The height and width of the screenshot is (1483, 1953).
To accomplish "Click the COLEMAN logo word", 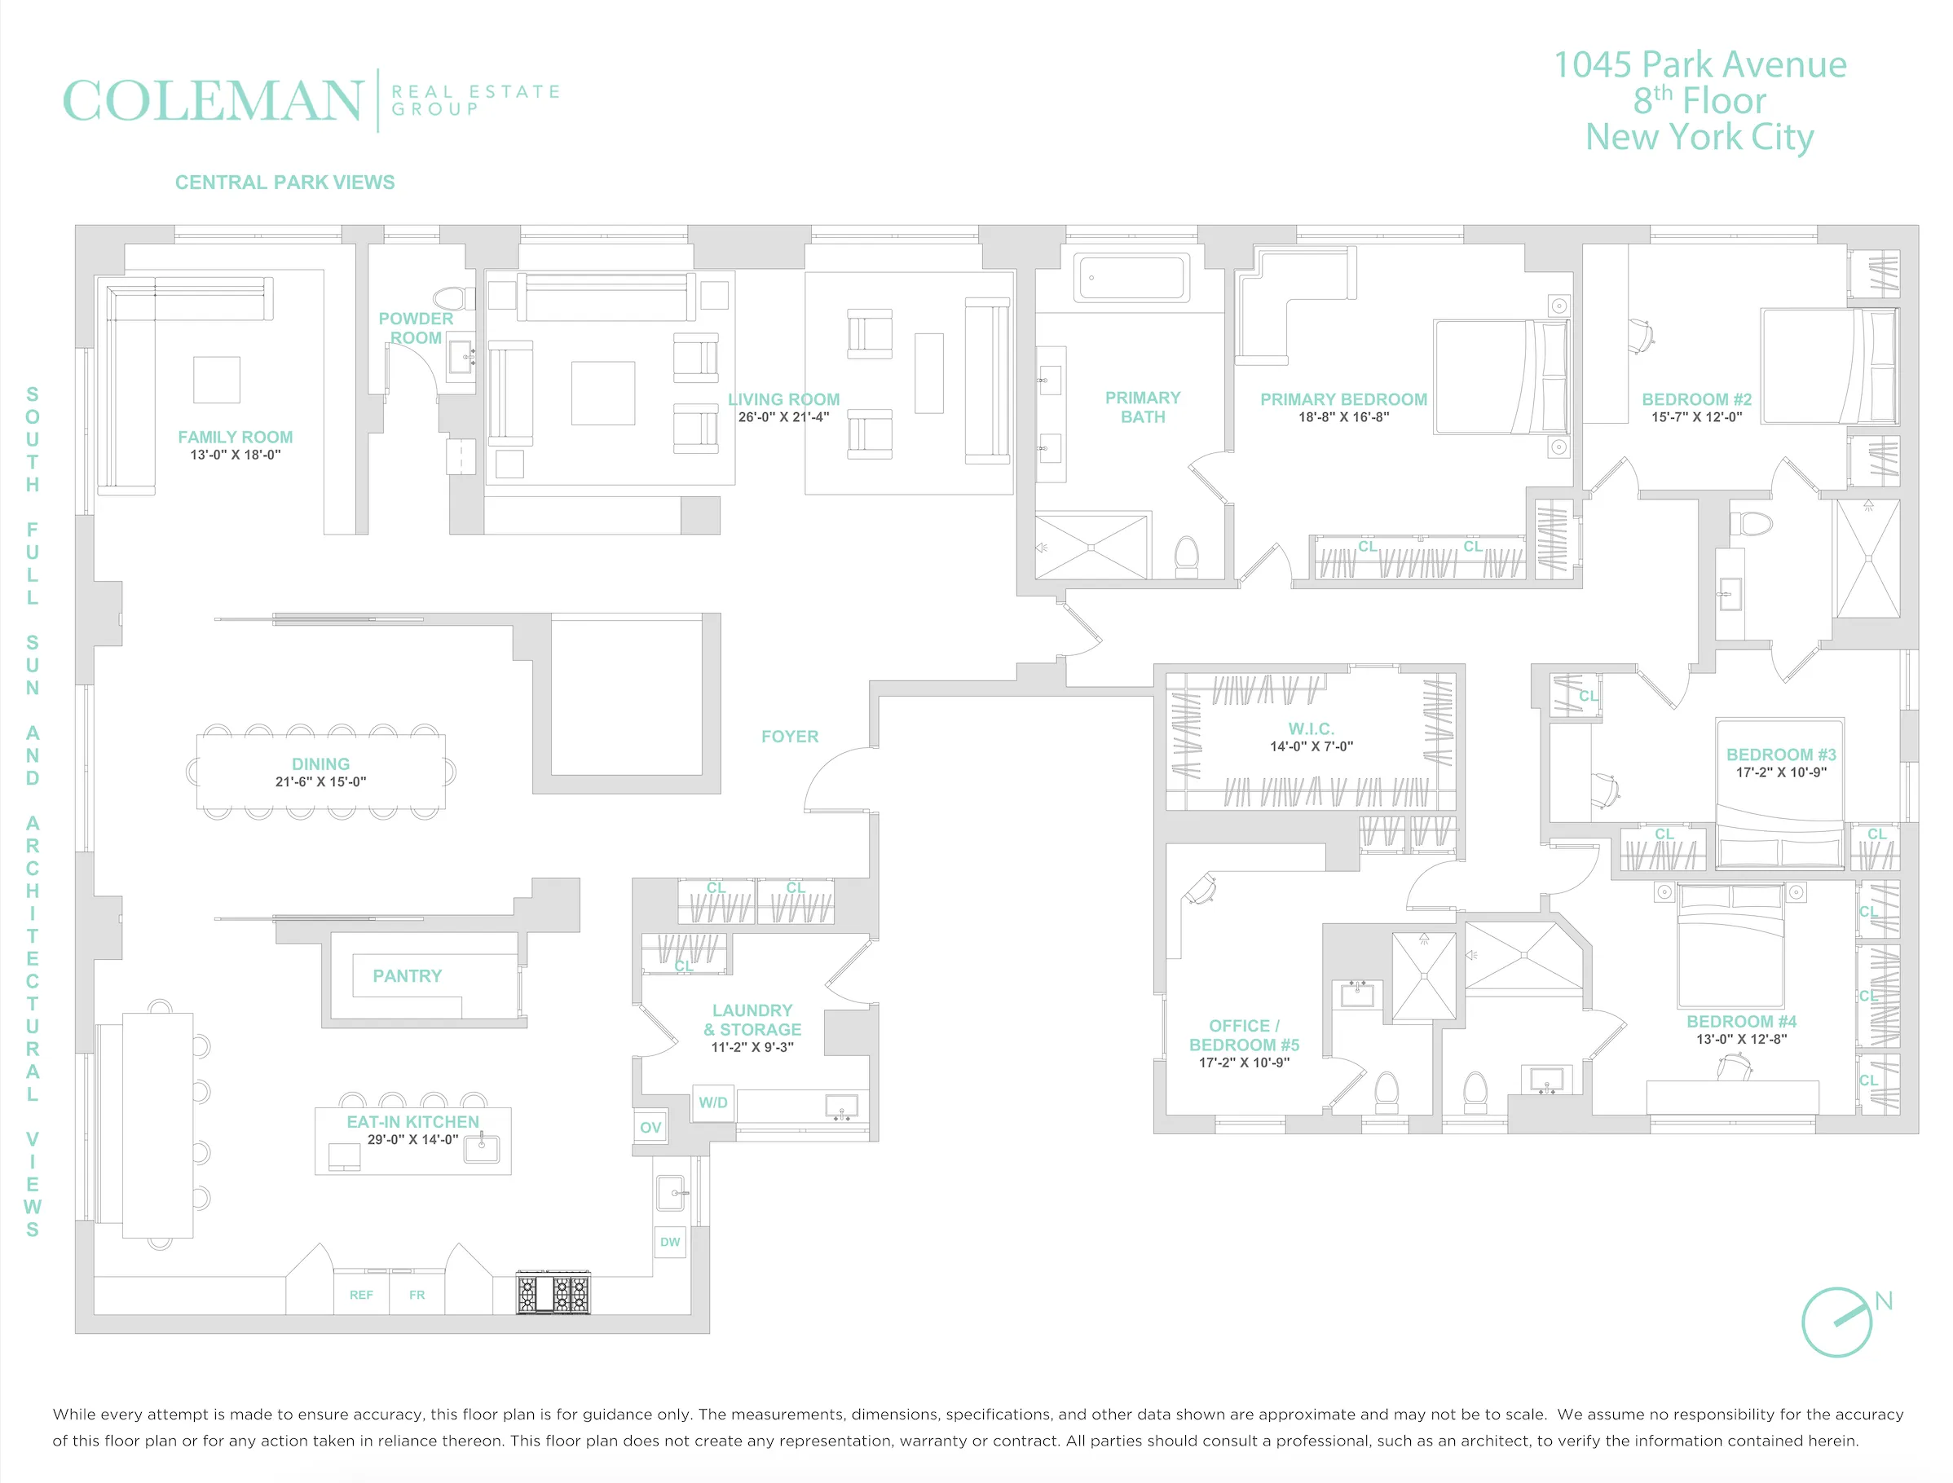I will click(x=212, y=101).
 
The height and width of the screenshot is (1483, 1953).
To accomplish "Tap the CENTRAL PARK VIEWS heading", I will click(x=284, y=183).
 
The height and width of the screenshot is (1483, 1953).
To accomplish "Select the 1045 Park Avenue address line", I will click(x=1699, y=64).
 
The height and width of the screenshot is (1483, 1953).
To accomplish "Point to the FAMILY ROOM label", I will click(x=235, y=437).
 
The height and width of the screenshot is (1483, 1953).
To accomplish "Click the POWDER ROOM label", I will click(x=416, y=328).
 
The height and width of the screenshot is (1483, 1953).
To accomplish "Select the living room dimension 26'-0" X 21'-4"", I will click(x=783, y=417).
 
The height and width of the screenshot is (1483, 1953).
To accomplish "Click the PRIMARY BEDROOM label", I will click(x=1343, y=399).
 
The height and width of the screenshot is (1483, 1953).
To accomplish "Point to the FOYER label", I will click(x=789, y=737).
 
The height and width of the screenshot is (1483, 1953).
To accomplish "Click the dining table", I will click(x=320, y=772).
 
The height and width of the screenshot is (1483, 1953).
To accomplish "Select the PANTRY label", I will click(x=407, y=975).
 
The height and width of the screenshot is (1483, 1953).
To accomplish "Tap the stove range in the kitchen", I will click(x=553, y=1294).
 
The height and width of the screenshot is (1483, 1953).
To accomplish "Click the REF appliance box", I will click(x=361, y=1295).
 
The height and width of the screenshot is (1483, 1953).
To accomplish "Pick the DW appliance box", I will click(x=670, y=1242).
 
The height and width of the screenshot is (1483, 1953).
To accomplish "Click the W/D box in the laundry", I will click(x=713, y=1102).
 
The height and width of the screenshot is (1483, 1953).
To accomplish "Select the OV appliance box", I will click(x=650, y=1127).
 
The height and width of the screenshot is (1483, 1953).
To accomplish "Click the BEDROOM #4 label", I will click(x=1741, y=1021).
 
